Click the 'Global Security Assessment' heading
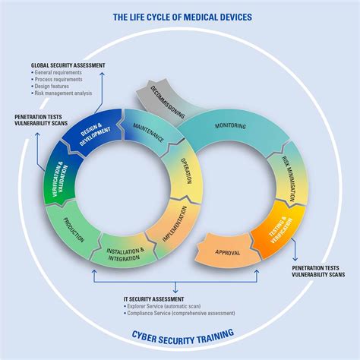tap(68, 66)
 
